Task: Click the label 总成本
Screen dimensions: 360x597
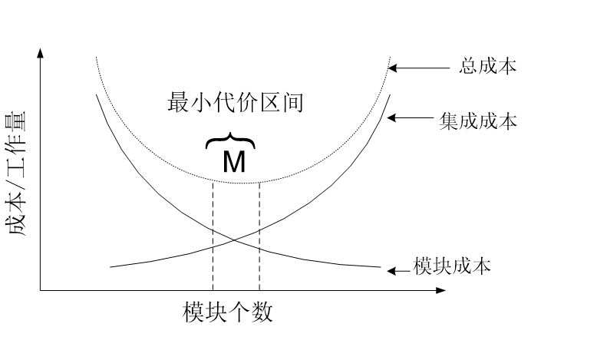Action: coord(488,67)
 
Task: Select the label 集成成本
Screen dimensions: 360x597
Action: coord(478,121)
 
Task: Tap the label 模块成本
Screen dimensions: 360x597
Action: coord(452,268)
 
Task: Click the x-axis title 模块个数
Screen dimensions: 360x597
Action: coord(228,312)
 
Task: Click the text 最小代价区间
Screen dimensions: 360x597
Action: coord(236,102)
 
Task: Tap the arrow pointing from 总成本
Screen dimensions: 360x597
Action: coord(418,68)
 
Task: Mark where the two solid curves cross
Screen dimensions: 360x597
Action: coord(235,243)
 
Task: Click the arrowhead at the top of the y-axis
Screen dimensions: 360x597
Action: coord(40,52)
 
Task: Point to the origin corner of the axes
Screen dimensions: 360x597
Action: coord(40,291)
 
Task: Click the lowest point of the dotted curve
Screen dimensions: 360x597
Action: coord(236,182)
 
